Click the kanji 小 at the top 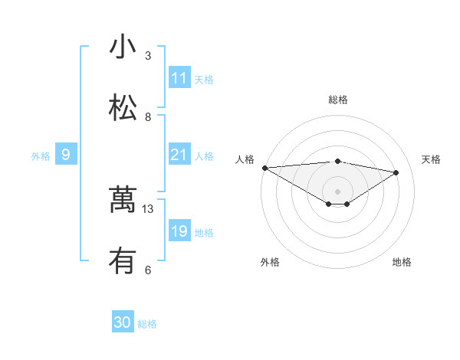[123, 47]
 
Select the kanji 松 [123, 108]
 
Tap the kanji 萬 [123, 200]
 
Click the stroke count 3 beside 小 [148, 56]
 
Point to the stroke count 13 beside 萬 [149, 209]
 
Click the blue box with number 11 [179, 78]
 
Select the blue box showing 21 [179, 155]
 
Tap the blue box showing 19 [179, 231]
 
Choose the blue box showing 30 [123, 322]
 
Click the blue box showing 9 [66, 155]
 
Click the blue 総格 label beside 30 [147, 324]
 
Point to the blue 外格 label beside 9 [41, 156]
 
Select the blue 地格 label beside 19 [204, 233]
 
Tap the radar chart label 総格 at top [338, 100]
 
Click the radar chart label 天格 [431, 159]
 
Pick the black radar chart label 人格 [245, 159]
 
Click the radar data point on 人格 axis [264, 168]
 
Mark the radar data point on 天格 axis [396, 172]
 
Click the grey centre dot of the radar [337, 191]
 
